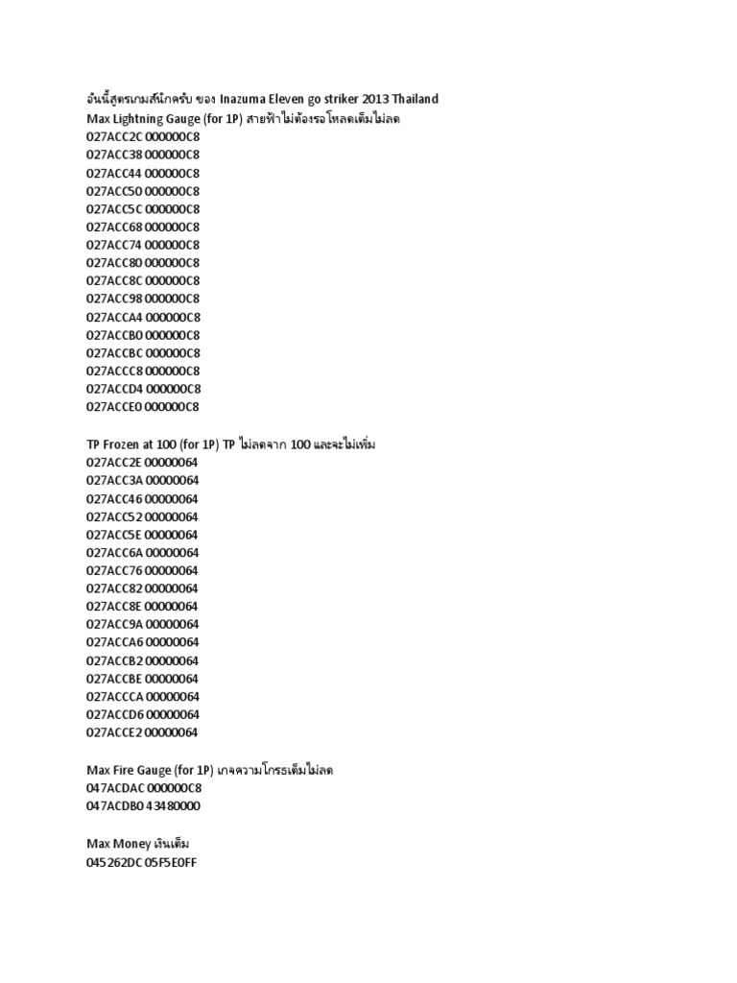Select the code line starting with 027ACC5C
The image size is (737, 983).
pos(143,208)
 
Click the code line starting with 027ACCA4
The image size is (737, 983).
pos(143,317)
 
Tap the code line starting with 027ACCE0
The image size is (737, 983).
pos(143,406)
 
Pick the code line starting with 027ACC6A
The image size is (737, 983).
pos(142,552)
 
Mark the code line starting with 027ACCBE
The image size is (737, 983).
pos(142,678)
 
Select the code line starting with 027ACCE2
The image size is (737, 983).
pos(142,732)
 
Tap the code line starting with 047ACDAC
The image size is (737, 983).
pos(144,788)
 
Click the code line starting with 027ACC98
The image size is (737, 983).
pos(143,299)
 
